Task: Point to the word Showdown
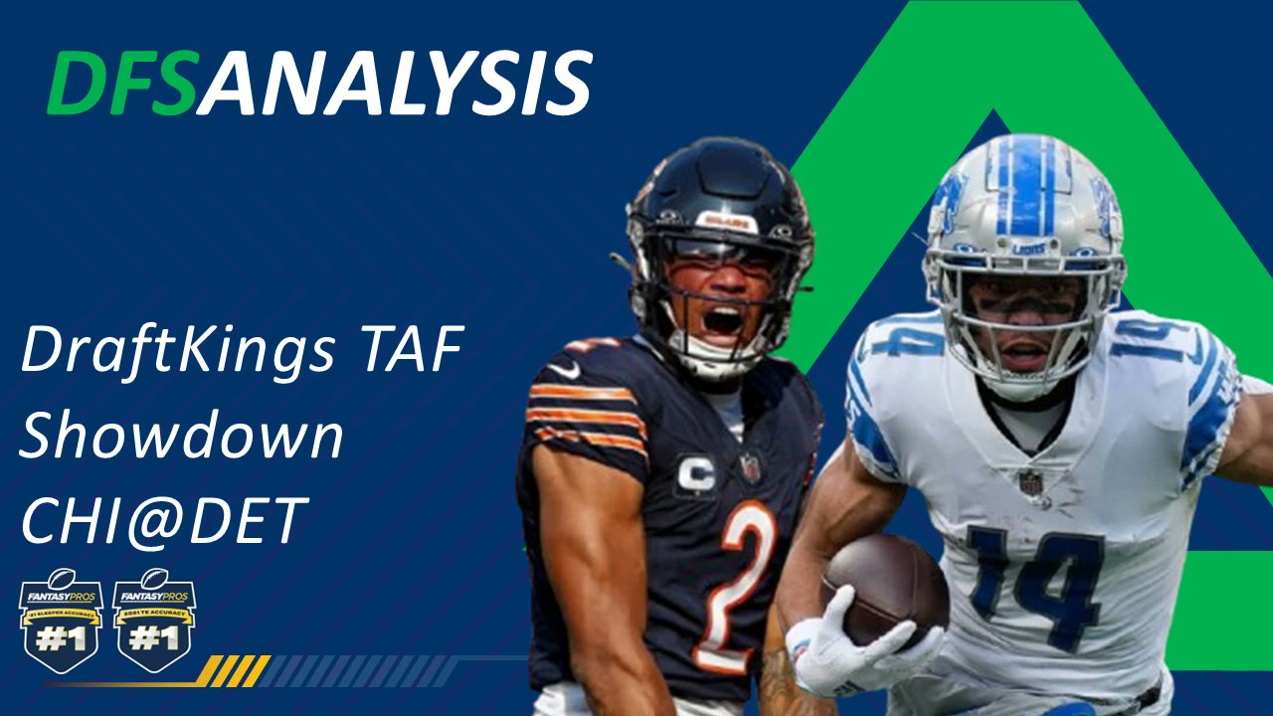(181, 435)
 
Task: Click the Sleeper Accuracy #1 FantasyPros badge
(61, 622)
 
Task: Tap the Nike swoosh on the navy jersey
(564, 370)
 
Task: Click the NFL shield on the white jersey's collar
(1031, 482)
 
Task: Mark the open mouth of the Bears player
(722, 320)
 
